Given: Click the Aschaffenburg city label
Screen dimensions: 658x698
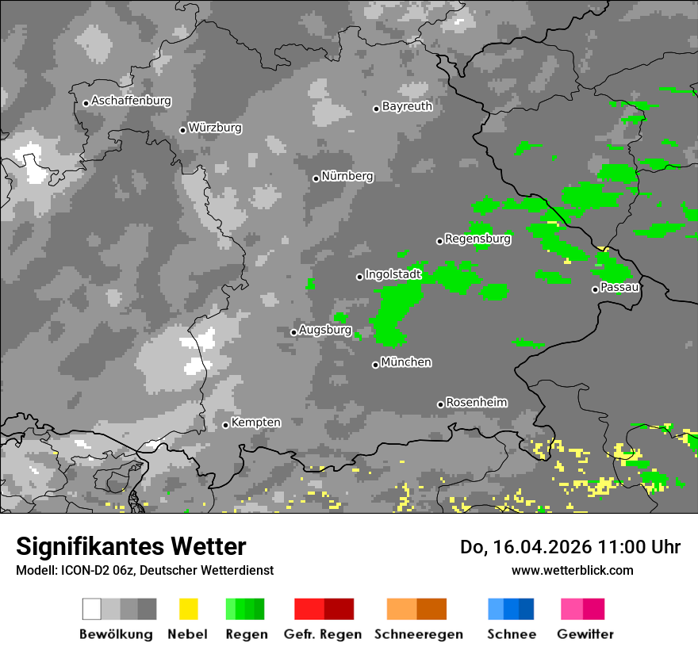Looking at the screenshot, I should pyautogui.click(x=131, y=101).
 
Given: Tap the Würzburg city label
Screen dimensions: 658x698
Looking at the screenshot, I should pyautogui.click(x=215, y=128).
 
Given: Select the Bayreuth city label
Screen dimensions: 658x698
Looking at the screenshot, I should pyautogui.click(x=407, y=106).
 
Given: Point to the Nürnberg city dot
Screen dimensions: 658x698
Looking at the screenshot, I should pyautogui.click(x=316, y=178).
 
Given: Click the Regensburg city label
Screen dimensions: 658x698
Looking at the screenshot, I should pyautogui.click(x=477, y=239).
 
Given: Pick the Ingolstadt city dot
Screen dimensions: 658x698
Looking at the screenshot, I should pyautogui.click(x=359, y=277).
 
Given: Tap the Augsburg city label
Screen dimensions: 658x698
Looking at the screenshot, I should pyautogui.click(x=325, y=330).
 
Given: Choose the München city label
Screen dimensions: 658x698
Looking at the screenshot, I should pyautogui.click(x=406, y=362).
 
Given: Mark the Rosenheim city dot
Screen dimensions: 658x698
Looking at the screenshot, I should pyautogui.click(x=440, y=404).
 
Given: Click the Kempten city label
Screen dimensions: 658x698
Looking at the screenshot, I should pyautogui.click(x=255, y=423).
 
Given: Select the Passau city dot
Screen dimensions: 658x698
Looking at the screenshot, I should pyautogui.click(x=595, y=289).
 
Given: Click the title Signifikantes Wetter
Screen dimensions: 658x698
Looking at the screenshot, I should pyautogui.click(x=131, y=547).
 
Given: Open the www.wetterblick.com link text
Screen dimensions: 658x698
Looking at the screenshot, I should pyautogui.click(x=572, y=570).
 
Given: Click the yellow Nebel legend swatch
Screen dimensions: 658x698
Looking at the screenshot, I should pyautogui.click(x=188, y=609).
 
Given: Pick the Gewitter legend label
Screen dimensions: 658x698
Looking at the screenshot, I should pyautogui.click(x=585, y=634).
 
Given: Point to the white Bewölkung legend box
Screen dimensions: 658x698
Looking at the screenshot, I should pyautogui.click(x=92, y=609).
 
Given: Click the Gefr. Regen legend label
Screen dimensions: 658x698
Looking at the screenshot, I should pyautogui.click(x=323, y=634).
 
